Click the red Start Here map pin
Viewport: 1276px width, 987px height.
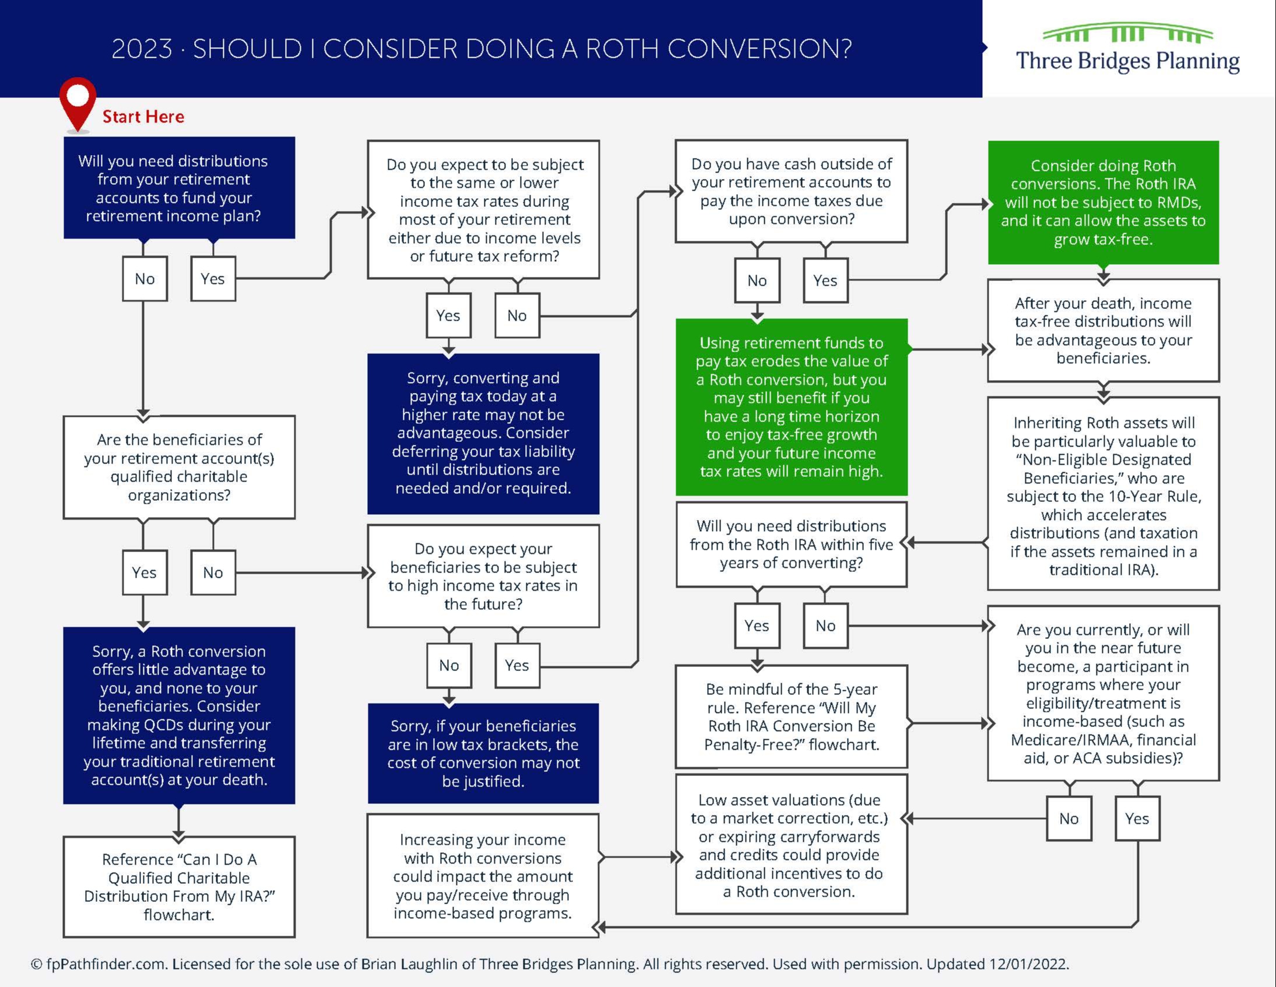pos(77,99)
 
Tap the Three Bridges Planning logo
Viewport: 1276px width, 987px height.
pos(1127,49)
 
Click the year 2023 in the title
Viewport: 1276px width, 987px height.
pos(142,49)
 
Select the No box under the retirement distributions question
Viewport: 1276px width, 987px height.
pos(145,279)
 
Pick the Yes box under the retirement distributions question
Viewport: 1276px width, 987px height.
pos(213,279)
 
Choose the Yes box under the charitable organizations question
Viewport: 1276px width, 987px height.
pos(145,572)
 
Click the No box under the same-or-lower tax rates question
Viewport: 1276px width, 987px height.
pos(517,315)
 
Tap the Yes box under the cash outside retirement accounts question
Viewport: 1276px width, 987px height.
pos(825,280)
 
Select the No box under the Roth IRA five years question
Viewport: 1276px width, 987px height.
pos(825,626)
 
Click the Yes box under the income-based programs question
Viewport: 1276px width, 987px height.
pos(1137,819)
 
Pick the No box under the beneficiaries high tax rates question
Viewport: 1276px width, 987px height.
pos(449,666)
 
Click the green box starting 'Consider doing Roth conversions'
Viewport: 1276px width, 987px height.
pos(1103,202)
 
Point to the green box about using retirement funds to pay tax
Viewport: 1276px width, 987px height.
pos(792,407)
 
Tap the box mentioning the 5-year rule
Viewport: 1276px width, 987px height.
pos(792,716)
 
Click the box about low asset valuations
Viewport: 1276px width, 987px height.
pos(792,845)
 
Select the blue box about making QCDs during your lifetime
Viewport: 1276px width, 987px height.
pos(179,715)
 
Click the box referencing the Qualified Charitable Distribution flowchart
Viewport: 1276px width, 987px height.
pos(179,887)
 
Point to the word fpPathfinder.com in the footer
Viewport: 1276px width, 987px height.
pos(106,964)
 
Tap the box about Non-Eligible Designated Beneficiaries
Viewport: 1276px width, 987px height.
pos(1103,494)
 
